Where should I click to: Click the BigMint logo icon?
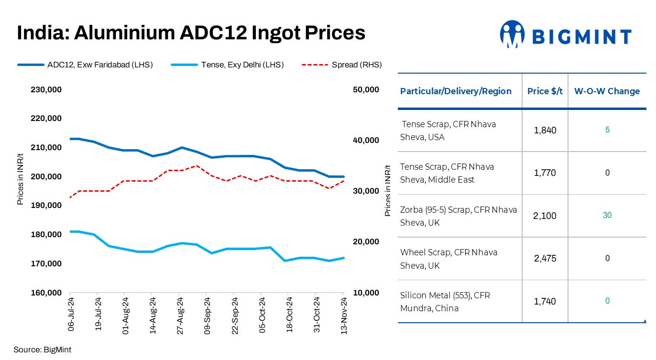512,34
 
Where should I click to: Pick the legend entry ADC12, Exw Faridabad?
85,65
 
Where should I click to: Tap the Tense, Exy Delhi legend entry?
228,65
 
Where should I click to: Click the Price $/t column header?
545,91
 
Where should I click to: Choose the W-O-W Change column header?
607,91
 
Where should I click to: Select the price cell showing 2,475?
545,259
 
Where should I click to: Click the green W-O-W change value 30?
607,216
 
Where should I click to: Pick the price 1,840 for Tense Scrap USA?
545,131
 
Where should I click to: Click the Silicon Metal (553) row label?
445,302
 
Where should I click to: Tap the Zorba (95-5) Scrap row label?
458,216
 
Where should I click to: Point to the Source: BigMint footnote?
42,349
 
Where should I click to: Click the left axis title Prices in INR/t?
21,179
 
